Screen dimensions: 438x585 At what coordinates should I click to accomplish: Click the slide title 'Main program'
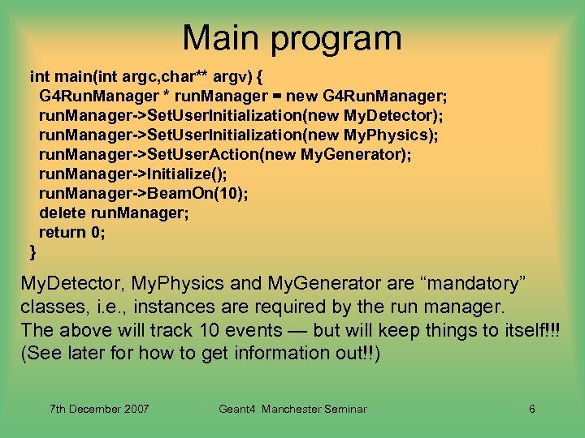pos(292,38)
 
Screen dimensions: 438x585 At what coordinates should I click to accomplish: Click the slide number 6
pos(531,409)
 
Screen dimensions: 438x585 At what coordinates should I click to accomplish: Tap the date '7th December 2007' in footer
pos(100,409)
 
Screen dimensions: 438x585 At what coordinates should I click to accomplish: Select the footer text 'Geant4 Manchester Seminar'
pos(292,409)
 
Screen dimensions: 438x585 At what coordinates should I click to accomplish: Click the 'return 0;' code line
pos(72,232)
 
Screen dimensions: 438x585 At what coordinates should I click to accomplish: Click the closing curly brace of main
pos(33,251)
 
